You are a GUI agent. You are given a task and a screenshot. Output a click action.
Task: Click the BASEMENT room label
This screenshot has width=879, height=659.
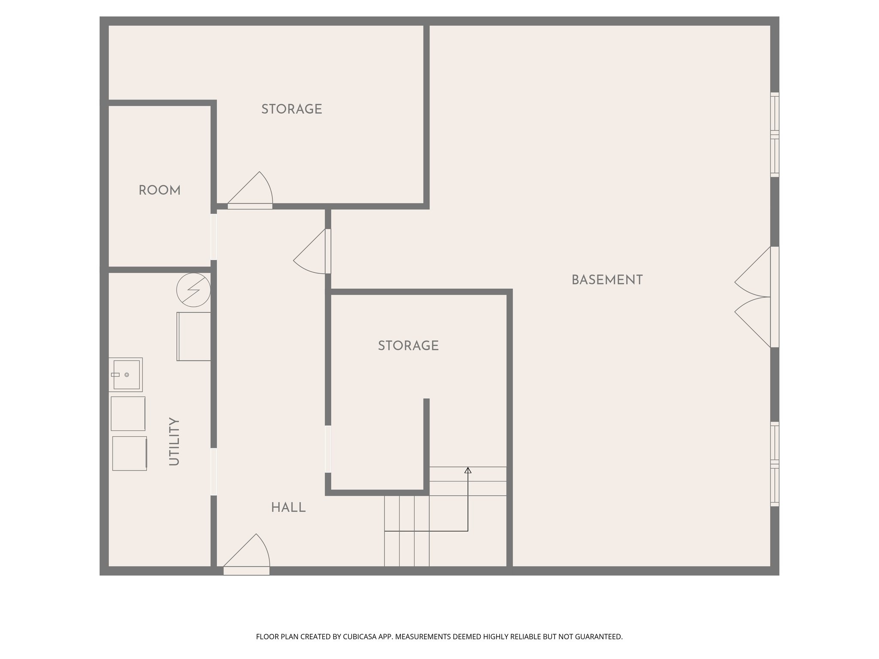pos(607,280)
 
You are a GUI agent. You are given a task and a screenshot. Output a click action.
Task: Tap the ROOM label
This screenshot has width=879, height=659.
pos(160,190)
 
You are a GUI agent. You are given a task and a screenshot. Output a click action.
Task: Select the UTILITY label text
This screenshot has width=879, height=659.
pos(174,441)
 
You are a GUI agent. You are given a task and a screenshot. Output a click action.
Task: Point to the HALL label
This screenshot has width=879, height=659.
pos(288,508)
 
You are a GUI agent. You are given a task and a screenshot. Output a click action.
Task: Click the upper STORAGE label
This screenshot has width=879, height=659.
pos(292,109)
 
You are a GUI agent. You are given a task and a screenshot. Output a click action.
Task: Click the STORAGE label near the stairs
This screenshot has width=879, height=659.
pos(408,346)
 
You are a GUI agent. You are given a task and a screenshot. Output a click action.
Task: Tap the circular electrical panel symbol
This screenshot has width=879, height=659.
pos(194,290)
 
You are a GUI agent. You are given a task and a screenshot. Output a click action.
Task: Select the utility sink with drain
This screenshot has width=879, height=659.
pos(126,375)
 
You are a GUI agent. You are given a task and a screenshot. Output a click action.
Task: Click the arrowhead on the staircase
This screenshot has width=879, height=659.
pos(468,471)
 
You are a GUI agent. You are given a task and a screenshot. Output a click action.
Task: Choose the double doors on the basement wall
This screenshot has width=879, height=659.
pos(755,297)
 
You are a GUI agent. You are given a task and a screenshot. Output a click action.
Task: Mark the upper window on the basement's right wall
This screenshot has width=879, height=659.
pos(774,135)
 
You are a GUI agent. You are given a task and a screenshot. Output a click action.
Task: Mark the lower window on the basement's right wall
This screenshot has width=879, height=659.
pos(774,464)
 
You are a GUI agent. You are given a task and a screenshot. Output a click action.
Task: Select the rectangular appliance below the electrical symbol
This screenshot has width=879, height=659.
pos(194,336)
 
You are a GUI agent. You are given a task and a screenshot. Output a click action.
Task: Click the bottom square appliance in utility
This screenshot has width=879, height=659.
pos(130,453)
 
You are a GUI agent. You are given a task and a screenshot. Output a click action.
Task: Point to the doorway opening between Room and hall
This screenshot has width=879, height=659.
pos(213,237)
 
